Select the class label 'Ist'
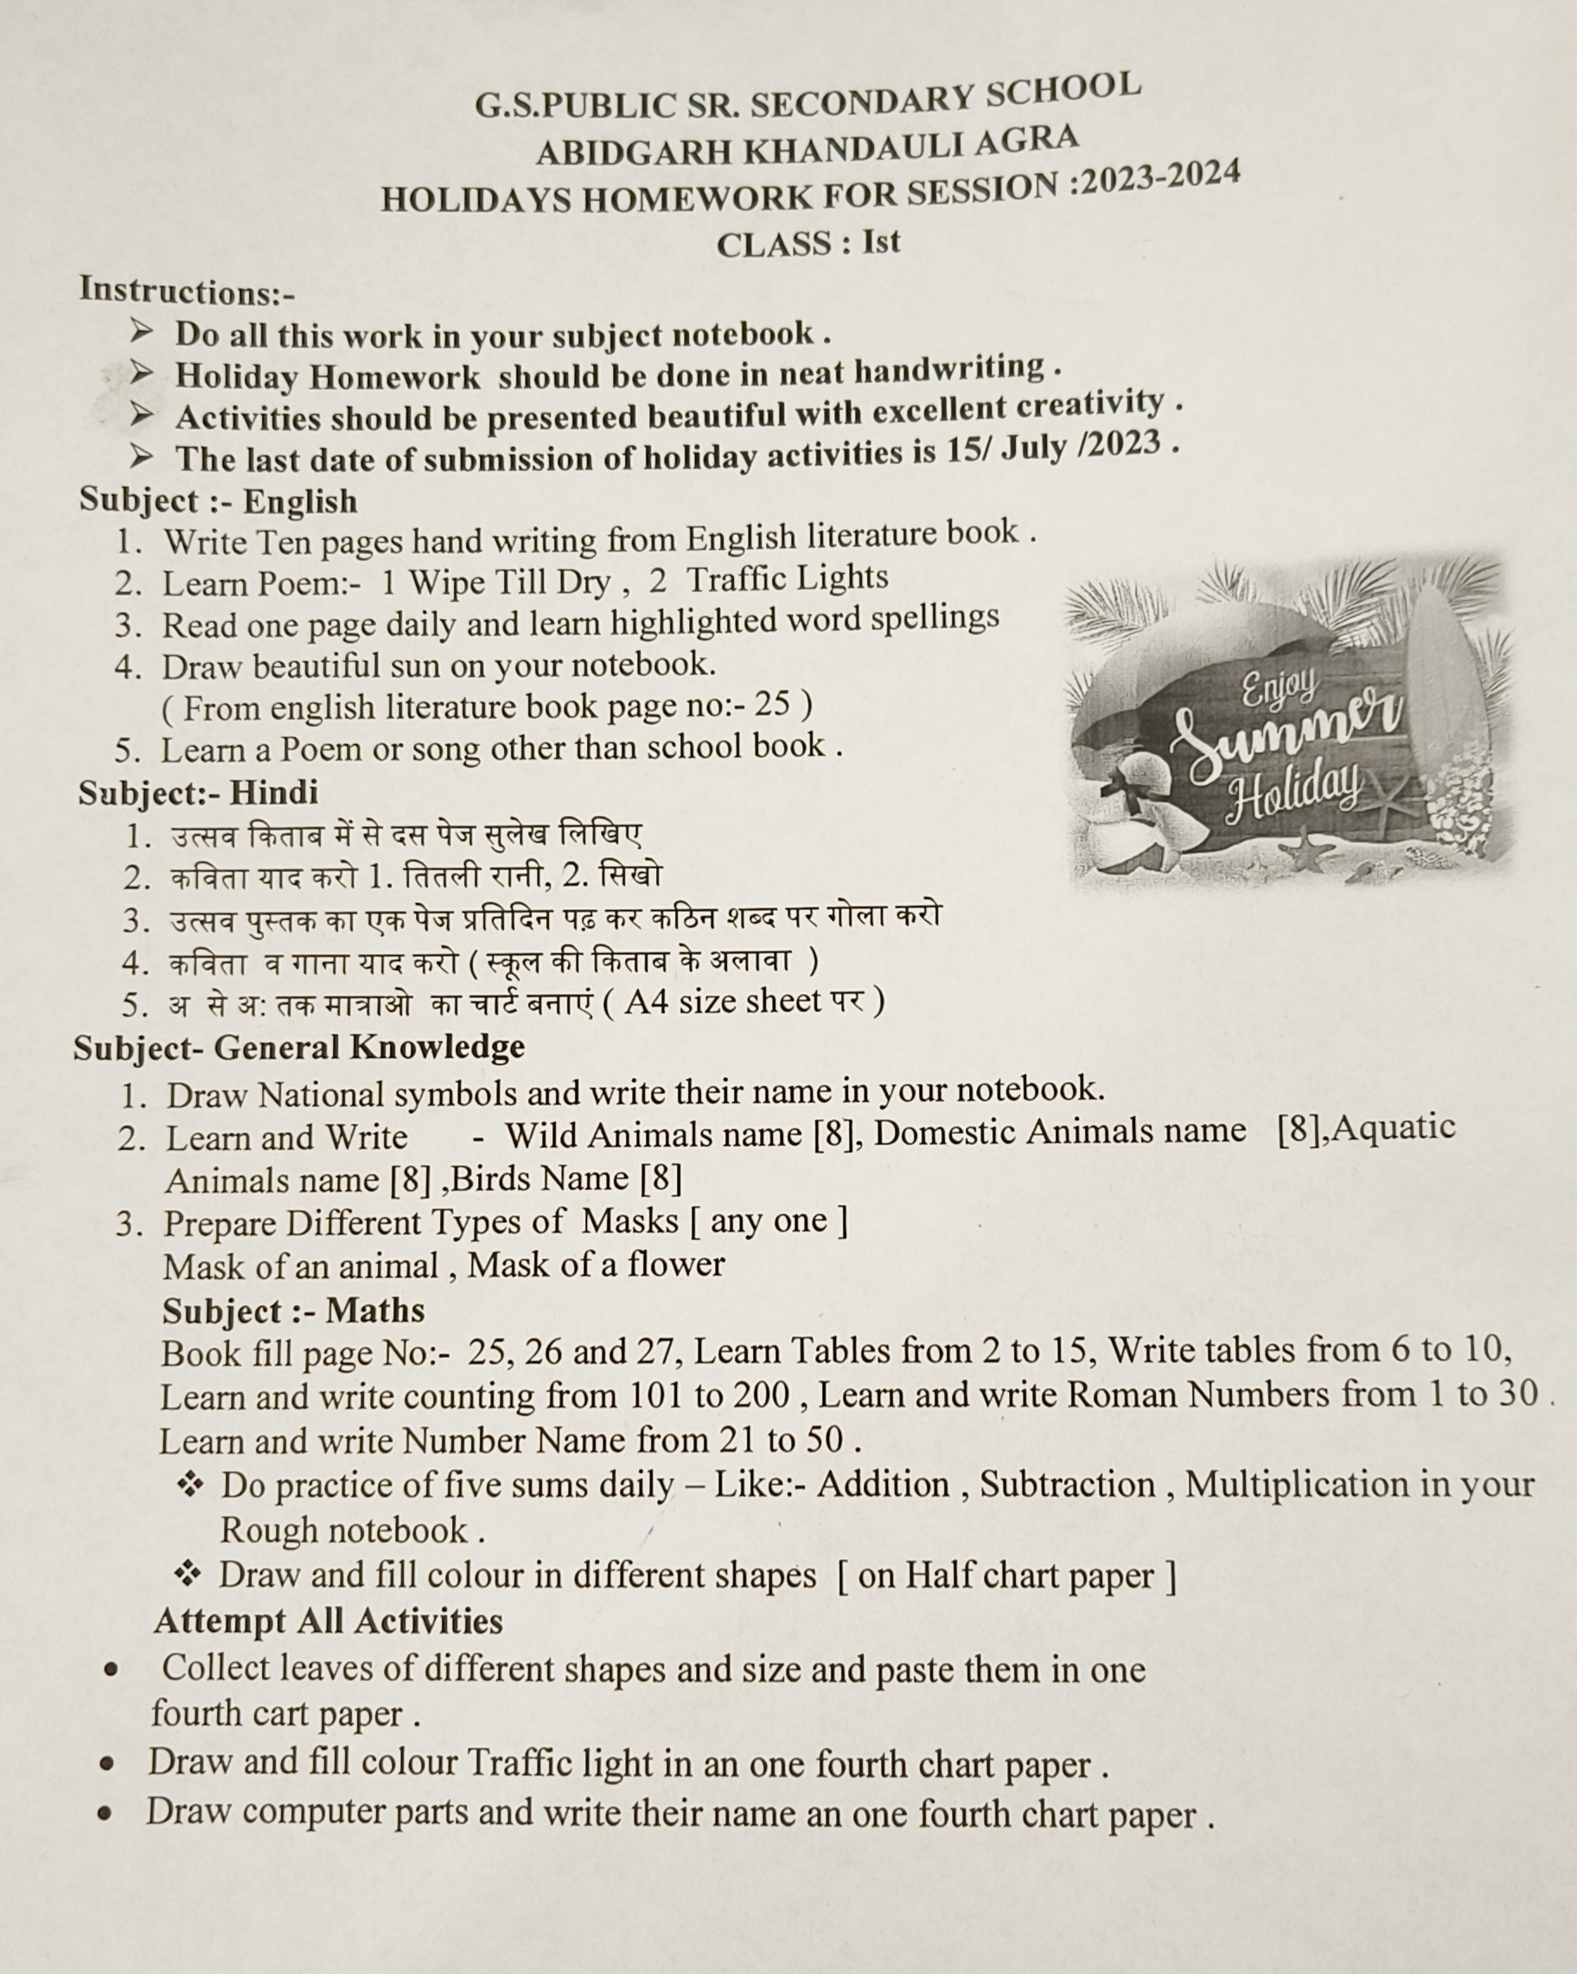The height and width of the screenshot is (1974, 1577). pos(881,242)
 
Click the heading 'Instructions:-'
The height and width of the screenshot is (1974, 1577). pos(187,291)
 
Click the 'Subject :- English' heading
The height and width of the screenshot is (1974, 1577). pos(218,500)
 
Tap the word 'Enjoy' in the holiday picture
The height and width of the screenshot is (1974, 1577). pos(1279,687)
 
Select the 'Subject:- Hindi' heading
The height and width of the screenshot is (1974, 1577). pos(198,792)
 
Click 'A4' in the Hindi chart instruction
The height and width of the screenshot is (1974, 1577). pos(647,1002)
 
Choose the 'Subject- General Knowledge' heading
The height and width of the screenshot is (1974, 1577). pos(298,1047)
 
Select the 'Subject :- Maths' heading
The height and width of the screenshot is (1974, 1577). pos(293,1310)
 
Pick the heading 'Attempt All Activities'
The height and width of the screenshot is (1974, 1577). pos(328,1621)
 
